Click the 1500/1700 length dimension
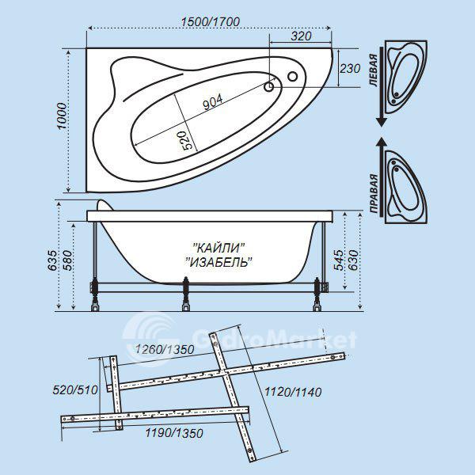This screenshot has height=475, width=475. pos(211,22)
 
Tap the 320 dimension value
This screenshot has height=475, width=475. pos(301,36)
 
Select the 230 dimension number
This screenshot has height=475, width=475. pos(350,69)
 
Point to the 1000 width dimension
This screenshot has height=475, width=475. pos(62,116)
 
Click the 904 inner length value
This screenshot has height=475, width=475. pos(213,102)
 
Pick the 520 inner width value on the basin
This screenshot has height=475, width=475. pos(185,140)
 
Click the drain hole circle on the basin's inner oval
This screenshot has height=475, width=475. pos(268,87)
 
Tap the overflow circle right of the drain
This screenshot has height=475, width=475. pos(292,76)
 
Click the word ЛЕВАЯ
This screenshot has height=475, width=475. pos(374,70)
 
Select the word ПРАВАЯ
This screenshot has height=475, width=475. pos(374,194)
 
